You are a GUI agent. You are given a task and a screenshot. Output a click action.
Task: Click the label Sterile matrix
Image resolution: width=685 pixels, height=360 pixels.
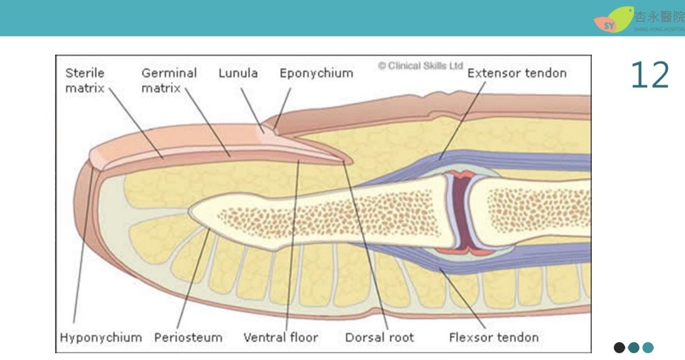click(85, 81)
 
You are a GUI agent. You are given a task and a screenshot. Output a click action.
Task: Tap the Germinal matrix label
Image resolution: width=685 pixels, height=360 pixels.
click(169, 81)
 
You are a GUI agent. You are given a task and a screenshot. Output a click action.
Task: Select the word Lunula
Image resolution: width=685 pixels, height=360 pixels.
click(238, 74)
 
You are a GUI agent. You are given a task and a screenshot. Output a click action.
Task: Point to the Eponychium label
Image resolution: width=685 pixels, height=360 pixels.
click(316, 74)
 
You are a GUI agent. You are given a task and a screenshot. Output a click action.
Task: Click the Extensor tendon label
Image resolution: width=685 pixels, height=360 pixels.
click(516, 73)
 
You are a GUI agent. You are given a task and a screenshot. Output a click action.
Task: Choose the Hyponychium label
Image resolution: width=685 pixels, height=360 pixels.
click(101, 337)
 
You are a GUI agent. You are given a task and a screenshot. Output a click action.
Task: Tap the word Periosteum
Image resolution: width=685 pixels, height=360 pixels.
click(188, 337)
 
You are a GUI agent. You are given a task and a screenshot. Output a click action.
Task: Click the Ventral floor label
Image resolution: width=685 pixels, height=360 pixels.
click(280, 337)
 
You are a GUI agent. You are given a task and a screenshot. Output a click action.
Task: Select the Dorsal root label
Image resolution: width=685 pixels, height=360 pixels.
click(379, 337)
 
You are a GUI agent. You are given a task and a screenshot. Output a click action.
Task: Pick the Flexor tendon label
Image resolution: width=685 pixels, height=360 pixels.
click(493, 337)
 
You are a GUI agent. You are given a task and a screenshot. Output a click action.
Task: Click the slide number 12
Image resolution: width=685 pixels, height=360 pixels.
click(650, 75)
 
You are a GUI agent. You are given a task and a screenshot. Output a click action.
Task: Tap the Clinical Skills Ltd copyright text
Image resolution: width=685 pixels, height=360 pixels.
click(420, 66)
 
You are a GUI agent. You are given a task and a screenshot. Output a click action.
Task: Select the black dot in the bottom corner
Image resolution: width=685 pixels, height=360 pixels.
click(619, 347)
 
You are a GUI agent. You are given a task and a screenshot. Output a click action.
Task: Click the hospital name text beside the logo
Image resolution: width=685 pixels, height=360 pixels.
click(659, 17)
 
